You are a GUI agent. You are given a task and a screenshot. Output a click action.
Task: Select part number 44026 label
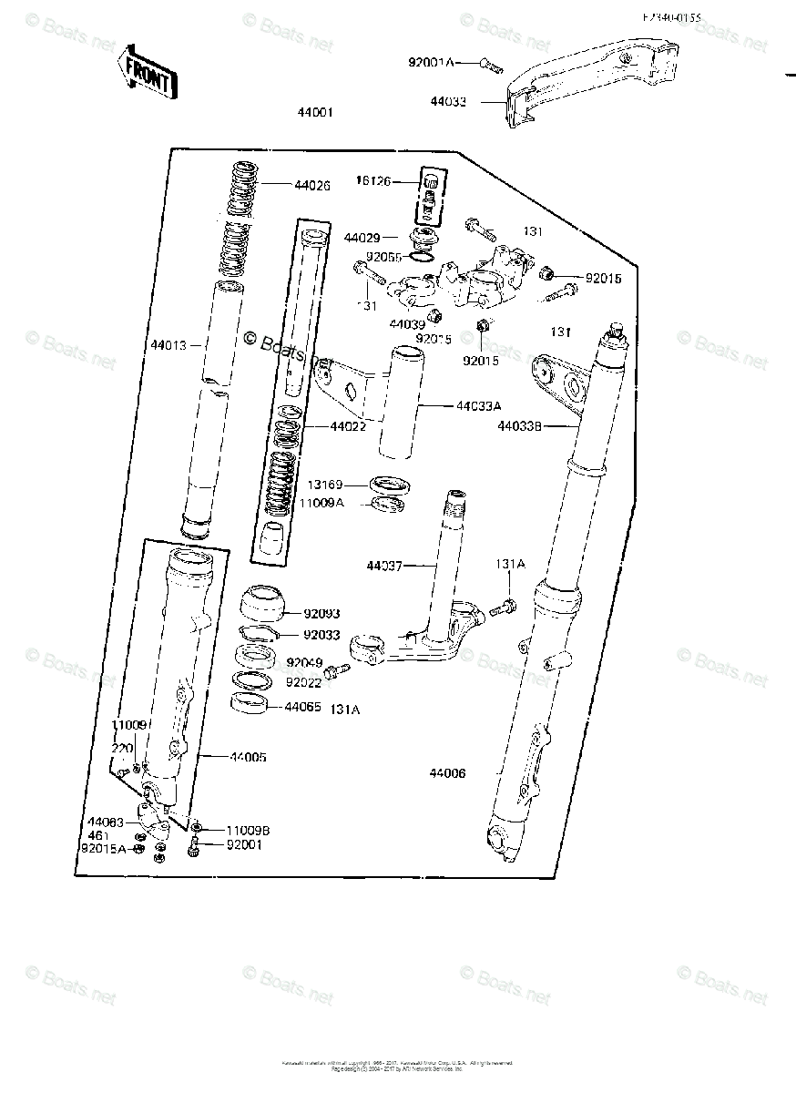click(311, 185)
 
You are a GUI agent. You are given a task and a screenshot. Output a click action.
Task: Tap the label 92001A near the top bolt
click(430, 63)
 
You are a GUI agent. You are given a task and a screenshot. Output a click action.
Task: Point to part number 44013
click(168, 345)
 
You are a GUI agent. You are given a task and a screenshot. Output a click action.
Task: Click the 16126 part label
click(373, 181)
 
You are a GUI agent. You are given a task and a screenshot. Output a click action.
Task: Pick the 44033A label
click(479, 407)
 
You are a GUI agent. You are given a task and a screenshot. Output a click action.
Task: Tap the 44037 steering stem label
click(385, 566)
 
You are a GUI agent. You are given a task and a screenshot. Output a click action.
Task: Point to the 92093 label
click(321, 613)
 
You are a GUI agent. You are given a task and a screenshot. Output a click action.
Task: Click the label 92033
click(321, 636)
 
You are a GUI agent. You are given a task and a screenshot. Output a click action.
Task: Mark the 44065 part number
click(302, 706)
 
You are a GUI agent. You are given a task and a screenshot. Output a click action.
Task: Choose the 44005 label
click(248, 757)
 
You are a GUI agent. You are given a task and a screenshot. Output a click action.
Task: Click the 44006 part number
click(447, 773)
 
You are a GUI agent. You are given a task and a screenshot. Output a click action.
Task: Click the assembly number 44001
click(315, 114)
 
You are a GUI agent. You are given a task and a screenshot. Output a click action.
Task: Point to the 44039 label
click(407, 323)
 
